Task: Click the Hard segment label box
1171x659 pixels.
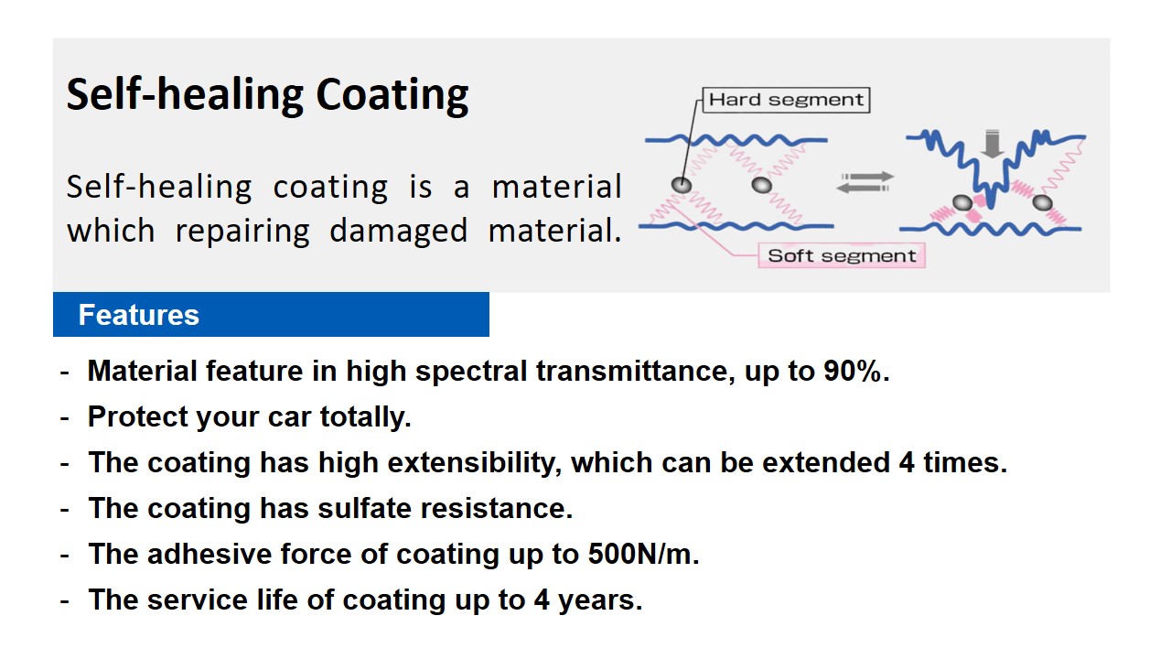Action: click(x=786, y=100)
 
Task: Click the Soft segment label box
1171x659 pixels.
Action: click(x=842, y=255)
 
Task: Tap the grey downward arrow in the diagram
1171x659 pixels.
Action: click(x=992, y=144)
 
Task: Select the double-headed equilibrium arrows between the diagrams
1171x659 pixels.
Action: click(x=865, y=182)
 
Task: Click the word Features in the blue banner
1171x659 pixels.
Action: click(x=138, y=315)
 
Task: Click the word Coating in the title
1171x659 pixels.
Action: click(x=392, y=94)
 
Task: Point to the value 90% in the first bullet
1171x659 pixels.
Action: click(x=855, y=371)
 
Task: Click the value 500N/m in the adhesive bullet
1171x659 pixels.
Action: click(x=643, y=554)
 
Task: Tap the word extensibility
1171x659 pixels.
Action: click(x=474, y=463)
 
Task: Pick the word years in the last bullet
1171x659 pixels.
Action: click(x=599, y=600)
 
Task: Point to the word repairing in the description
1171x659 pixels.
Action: click(x=242, y=232)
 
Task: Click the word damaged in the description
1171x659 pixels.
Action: click(x=398, y=232)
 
